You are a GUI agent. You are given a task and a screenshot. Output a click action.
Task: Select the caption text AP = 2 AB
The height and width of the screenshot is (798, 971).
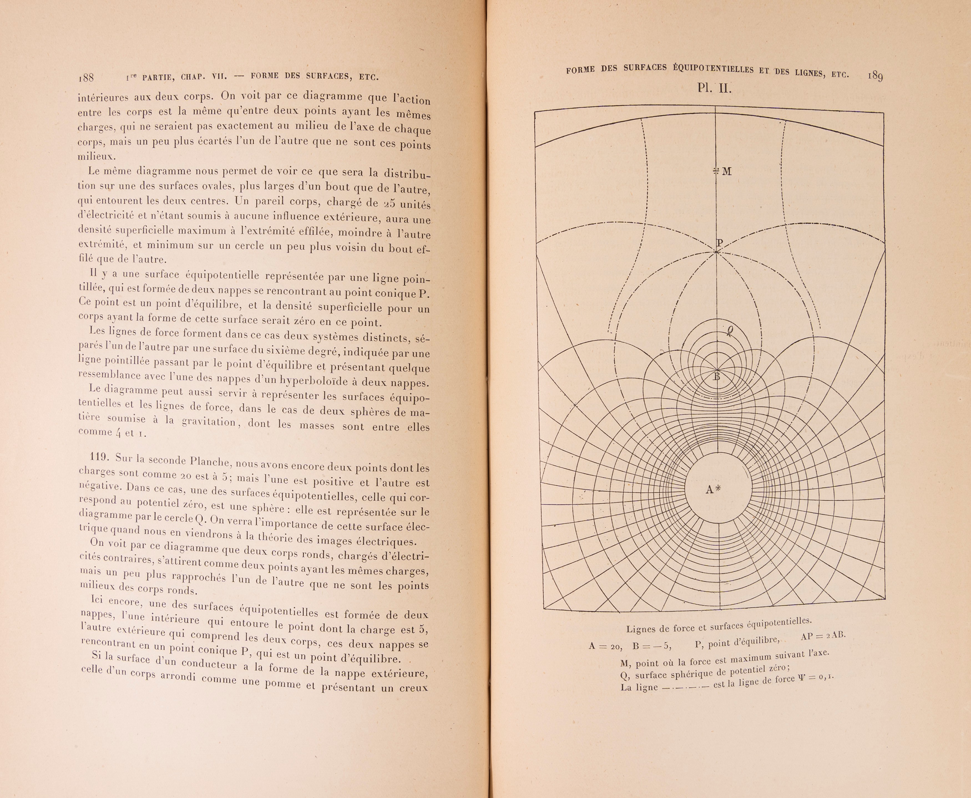click(x=823, y=636)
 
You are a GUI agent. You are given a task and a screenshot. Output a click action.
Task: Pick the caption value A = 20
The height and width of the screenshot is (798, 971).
click(x=606, y=646)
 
